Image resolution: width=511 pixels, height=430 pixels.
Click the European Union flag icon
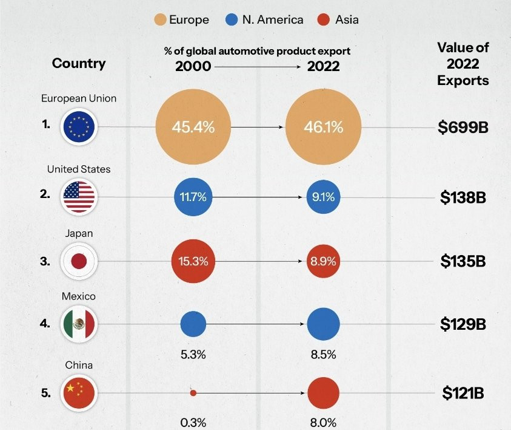click(79, 126)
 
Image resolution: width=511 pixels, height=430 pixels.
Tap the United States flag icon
click(79, 197)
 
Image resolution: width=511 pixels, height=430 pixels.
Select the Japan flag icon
click(79, 261)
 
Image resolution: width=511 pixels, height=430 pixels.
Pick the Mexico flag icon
click(79, 324)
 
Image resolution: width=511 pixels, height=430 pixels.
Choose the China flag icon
click(79, 393)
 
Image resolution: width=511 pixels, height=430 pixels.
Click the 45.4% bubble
click(193, 127)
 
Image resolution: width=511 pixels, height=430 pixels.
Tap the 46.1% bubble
click(322, 127)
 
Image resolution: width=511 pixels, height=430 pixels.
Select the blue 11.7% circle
click(193, 197)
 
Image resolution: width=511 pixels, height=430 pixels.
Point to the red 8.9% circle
click(322, 261)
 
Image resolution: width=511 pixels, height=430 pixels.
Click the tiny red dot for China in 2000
click(193, 393)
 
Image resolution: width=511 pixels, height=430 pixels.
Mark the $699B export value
click(464, 127)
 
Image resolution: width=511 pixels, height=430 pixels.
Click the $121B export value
click(463, 393)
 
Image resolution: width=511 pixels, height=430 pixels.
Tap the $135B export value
click(463, 261)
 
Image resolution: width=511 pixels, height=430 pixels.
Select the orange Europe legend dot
click(160, 20)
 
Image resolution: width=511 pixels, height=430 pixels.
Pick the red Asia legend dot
click(324, 20)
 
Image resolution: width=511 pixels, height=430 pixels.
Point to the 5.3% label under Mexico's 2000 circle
click(193, 355)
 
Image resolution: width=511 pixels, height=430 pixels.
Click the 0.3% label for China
click(193, 422)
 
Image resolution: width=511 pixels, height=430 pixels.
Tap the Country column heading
click(79, 63)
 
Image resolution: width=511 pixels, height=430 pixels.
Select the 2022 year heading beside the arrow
click(323, 67)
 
